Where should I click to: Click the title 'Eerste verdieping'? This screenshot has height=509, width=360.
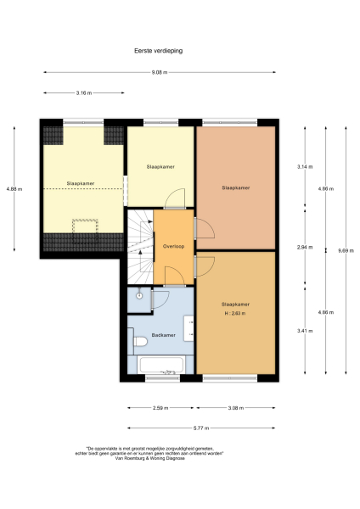click(158, 50)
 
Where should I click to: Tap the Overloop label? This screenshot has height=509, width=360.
click(173, 246)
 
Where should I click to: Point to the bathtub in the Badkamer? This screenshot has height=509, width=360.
click(162, 366)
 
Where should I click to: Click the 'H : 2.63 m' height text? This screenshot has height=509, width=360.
click(234, 313)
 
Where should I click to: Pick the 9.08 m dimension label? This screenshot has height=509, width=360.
click(158, 73)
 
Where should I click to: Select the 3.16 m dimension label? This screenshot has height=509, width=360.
click(83, 92)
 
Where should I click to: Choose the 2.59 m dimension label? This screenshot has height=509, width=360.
click(161, 407)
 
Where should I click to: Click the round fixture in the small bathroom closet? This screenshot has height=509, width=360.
click(138, 296)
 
